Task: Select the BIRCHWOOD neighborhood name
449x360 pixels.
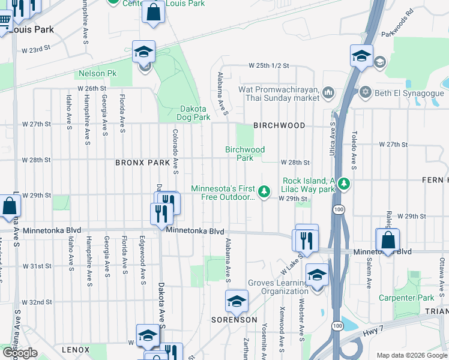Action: point(279,125)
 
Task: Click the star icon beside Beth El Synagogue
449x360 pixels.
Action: point(364,93)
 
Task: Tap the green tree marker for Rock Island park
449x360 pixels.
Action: point(343,182)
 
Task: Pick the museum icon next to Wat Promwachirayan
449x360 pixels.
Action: point(328,92)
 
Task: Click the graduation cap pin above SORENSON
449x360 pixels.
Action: point(237,301)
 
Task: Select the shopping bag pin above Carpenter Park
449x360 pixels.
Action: point(388,240)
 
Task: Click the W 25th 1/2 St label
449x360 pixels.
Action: point(270,65)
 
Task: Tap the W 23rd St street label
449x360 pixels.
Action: point(35,49)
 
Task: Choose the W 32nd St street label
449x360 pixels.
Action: point(35,302)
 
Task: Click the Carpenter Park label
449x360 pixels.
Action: point(406,298)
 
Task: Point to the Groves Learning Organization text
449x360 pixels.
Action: point(279,287)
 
